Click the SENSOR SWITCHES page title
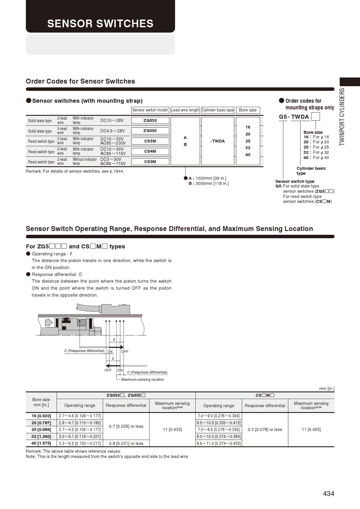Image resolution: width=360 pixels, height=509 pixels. click(x=100, y=24)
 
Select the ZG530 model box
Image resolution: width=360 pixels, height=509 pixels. click(x=150, y=120)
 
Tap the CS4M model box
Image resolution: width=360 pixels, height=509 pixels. click(x=150, y=151)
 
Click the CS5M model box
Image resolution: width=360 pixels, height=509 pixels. click(x=150, y=162)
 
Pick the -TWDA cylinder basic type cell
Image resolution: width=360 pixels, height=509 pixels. click(x=218, y=141)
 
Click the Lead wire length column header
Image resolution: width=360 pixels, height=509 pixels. click(x=185, y=110)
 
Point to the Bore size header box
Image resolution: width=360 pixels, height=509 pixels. click(x=248, y=110)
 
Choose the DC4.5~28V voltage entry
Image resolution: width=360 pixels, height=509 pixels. click(x=112, y=131)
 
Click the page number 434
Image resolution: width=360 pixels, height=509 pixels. click(x=328, y=494)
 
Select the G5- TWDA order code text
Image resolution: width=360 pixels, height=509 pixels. click(x=294, y=117)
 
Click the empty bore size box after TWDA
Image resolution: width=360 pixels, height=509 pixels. click(x=315, y=117)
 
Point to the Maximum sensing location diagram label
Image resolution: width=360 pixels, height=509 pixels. click(x=142, y=380)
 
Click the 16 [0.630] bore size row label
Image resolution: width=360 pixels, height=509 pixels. click(x=41, y=416)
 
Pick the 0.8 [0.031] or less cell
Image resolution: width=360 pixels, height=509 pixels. click(x=126, y=443)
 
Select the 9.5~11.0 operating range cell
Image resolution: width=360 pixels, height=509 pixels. click(x=219, y=443)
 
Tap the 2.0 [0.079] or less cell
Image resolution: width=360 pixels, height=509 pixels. click(x=265, y=429)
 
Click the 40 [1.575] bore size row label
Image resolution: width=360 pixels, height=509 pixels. click(x=41, y=443)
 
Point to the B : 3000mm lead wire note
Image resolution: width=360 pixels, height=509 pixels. click(x=208, y=183)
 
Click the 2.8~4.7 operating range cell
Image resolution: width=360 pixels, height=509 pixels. click(x=80, y=423)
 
